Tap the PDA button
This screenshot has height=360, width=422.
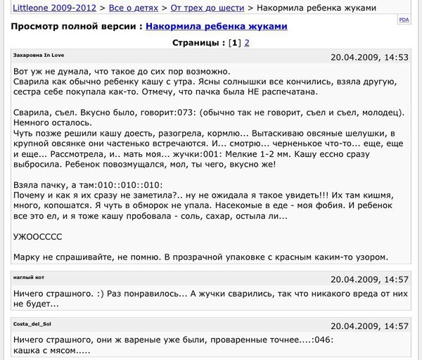404,21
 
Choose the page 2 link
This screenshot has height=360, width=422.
247,43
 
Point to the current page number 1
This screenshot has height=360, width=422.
236,43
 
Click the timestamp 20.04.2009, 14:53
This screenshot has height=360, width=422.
369,56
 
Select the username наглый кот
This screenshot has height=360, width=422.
29,278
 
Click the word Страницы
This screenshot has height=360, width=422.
198,43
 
